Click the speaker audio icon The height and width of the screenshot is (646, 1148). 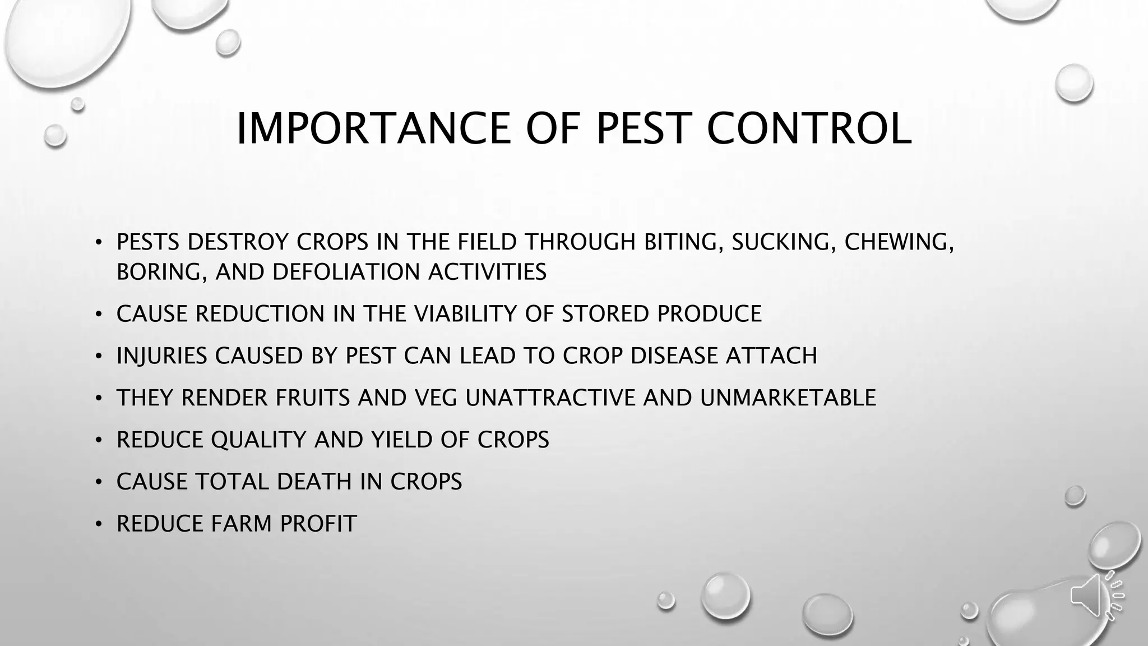tap(1096, 596)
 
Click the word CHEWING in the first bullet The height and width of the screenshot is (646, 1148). tap(899, 242)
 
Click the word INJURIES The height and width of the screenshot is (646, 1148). tap(161, 356)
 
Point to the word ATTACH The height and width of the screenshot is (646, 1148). tap(771, 356)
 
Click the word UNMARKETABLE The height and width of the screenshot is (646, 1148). tap(788, 398)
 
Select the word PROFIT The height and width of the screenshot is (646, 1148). tap(318, 524)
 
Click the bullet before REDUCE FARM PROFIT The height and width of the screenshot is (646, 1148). tap(99, 524)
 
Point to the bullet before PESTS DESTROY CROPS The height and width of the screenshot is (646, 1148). tap(99, 242)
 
